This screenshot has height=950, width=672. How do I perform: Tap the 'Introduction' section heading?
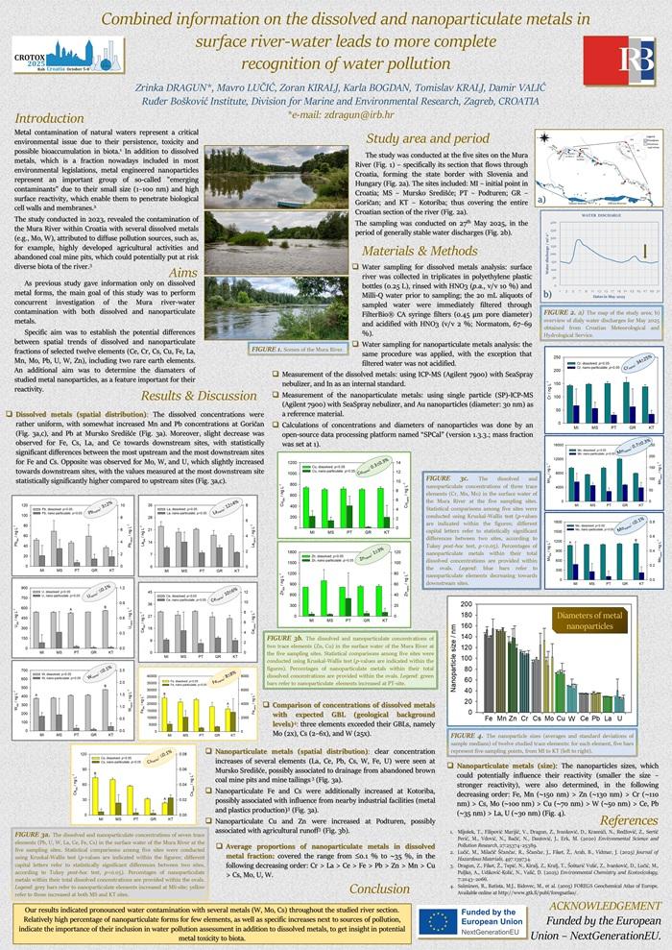[51, 118]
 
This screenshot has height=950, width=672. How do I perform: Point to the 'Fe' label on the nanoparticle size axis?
[490, 718]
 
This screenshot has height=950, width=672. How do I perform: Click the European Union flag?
[439, 920]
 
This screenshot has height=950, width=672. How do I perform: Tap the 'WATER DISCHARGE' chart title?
[596, 229]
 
